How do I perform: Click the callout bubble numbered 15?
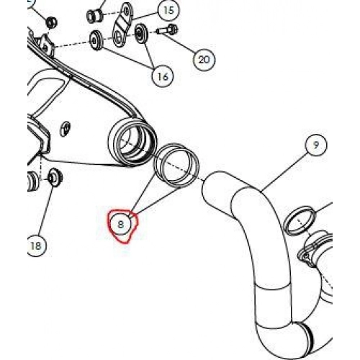point(168,11)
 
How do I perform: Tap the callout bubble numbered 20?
point(204,60)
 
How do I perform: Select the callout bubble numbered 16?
point(163,76)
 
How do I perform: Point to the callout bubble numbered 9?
point(316,145)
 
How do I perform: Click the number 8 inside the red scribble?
point(121,225)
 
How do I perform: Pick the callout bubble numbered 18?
point(36,246)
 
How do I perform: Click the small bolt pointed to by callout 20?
point(168,30)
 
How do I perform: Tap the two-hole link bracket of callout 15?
point(122,25)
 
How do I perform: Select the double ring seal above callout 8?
point(176,165)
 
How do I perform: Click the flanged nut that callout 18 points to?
point(55,178)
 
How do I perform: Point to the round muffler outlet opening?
point(132,142)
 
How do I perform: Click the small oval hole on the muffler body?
point(65,129)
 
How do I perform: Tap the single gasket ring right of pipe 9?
point(300,220)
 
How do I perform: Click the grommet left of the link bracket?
point(96,40)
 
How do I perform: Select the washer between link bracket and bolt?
point(141,34)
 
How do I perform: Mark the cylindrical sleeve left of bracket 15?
point(94,16)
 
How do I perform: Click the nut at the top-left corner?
point(51,22)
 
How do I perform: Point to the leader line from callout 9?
point(284,172)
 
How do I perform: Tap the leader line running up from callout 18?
point(46,210)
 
